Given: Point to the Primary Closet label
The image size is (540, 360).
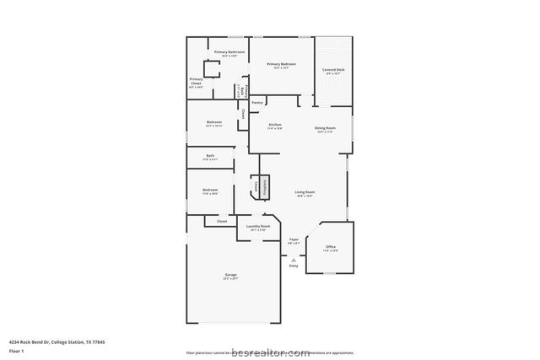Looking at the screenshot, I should pos(196,83).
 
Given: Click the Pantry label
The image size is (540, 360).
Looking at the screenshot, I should pos(256,103).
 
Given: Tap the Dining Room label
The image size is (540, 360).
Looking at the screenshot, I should pos(325,130).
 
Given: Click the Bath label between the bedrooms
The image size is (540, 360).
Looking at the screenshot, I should pos(211,157).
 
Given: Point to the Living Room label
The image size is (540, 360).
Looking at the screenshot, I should pos(305,194).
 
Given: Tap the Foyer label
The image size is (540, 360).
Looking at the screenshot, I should pos(294,241).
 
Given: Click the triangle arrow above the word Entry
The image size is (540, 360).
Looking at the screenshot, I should pos(294,259).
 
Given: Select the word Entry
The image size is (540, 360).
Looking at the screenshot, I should pos(294,266).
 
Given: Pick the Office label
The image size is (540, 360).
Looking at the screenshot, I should pos(331,249).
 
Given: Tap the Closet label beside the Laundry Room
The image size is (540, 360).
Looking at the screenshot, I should pos(222,221).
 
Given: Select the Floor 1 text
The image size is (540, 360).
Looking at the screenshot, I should pos(16,350).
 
